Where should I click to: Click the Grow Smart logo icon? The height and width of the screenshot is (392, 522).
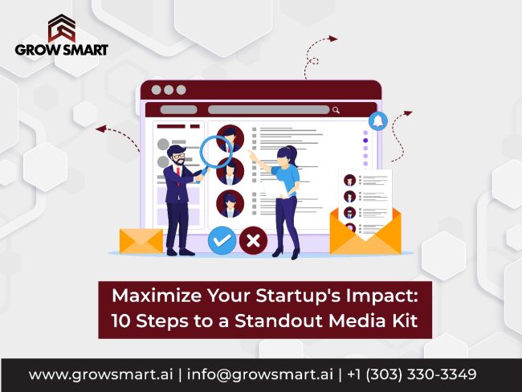[61, 27]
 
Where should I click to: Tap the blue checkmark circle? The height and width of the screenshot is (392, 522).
[222, 239]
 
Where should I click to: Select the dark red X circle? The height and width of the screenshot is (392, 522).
[254, 239]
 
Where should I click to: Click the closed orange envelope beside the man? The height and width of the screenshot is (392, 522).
[141, 239]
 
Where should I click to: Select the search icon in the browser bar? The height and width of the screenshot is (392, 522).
[336, 110]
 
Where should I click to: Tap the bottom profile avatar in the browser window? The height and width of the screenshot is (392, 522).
[230, 202]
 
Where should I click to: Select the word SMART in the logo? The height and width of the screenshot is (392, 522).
[83, 49]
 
